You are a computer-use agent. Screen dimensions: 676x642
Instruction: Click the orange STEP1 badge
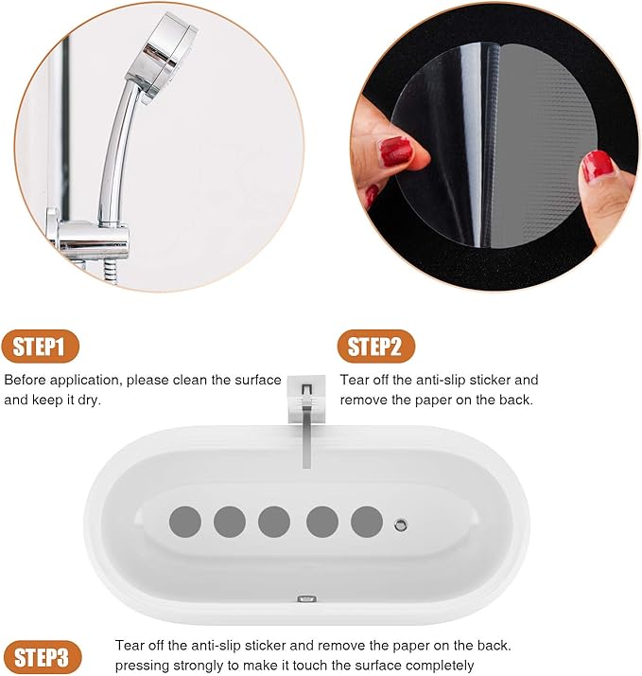(41, 347)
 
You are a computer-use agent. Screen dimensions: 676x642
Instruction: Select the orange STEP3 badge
(42, 656)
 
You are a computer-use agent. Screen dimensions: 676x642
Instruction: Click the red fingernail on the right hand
(598, 167)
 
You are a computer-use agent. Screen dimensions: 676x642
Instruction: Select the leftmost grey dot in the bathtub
(185, 521)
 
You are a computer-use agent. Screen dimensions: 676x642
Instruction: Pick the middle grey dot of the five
(274, 521)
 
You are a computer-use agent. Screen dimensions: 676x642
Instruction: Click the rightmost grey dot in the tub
(367, 521)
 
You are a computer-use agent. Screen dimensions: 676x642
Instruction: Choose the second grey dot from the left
(230, 521)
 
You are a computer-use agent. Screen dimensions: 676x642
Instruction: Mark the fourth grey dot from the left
(322, 521)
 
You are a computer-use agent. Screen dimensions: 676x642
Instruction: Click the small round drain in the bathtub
(401, 522)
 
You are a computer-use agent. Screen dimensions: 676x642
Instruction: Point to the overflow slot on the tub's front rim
(306, 598)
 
